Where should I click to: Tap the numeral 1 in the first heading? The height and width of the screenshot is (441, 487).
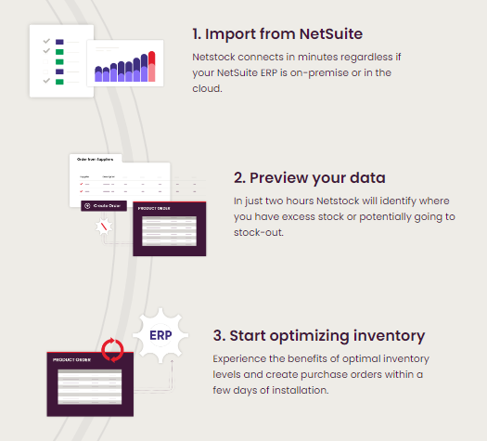pyautogui.click(x=197, y=36)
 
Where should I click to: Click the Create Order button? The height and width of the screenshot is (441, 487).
pyautogui.click(x=103, y=205)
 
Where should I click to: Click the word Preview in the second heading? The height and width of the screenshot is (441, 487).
pyautogui.click(x=279, y=178)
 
